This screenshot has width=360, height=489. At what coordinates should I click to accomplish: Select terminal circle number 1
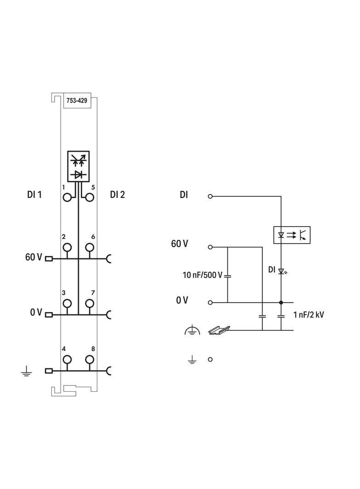(67, 197)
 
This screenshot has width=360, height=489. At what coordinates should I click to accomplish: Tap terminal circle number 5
(89, 197)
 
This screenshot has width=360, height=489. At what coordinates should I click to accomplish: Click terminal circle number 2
(67, 247)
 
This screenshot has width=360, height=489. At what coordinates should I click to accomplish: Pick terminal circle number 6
(89, 247)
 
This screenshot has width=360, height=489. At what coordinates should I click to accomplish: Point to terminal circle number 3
(67, 303)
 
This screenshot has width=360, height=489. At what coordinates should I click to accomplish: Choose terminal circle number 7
(89, 303)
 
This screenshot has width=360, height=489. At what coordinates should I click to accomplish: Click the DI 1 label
(34, 194)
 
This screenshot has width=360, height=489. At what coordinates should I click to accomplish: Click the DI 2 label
(118, 194)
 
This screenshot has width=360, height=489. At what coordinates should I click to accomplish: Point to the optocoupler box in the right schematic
(292, 235)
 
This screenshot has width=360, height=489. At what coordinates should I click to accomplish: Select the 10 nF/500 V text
(202, 275)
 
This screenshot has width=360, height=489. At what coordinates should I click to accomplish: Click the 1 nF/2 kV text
(308, 315)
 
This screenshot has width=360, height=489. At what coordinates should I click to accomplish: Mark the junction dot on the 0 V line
(281, 303)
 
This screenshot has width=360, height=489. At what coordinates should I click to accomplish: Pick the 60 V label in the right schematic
(180, 244)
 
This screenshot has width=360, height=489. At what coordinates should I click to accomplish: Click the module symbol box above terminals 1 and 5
(79, 166)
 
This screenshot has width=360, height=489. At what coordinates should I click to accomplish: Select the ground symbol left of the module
(26, 371)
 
